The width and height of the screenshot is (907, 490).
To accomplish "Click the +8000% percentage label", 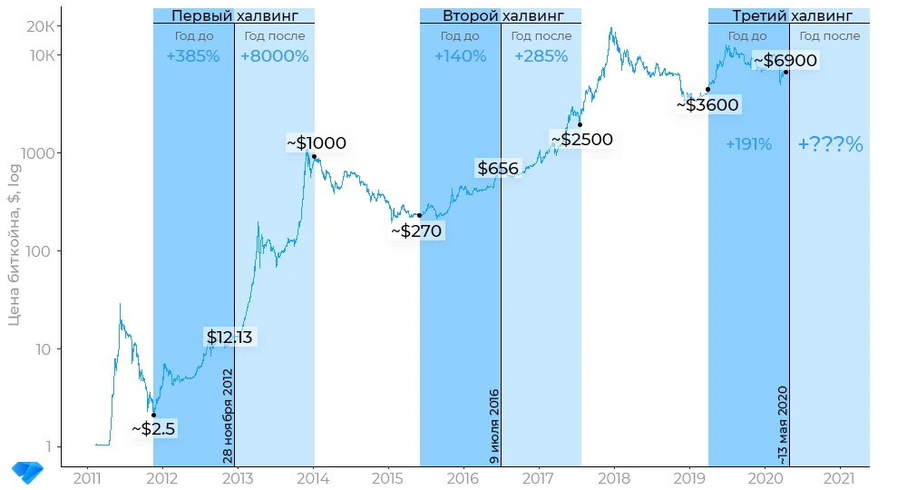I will tap(274, 56).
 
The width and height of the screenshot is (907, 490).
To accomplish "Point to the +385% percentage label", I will tap(193, 56).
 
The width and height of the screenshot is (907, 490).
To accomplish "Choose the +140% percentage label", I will tap(460, 56).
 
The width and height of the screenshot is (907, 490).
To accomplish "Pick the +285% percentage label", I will tap(541, 56).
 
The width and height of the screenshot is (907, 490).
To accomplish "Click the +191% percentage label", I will tap(748, 144).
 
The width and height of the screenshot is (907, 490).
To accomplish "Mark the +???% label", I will tap(830, 144).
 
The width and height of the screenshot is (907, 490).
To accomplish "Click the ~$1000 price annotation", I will tap(317, 143).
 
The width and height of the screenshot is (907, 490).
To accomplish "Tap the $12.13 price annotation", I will tap(229, 338).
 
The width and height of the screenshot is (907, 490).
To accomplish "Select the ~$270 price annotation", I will tap(416, 231).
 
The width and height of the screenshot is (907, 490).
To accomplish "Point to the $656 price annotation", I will tap(498, 169).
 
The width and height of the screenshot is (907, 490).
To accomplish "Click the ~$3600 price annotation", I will tap(707, 105).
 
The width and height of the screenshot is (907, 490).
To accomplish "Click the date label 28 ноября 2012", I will tap(228, 416).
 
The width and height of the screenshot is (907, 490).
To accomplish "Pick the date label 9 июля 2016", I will tap(494, 426).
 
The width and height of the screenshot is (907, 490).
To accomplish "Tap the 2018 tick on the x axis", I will tap(615, 478).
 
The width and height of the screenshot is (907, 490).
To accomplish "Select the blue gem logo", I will tap(27, 471).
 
